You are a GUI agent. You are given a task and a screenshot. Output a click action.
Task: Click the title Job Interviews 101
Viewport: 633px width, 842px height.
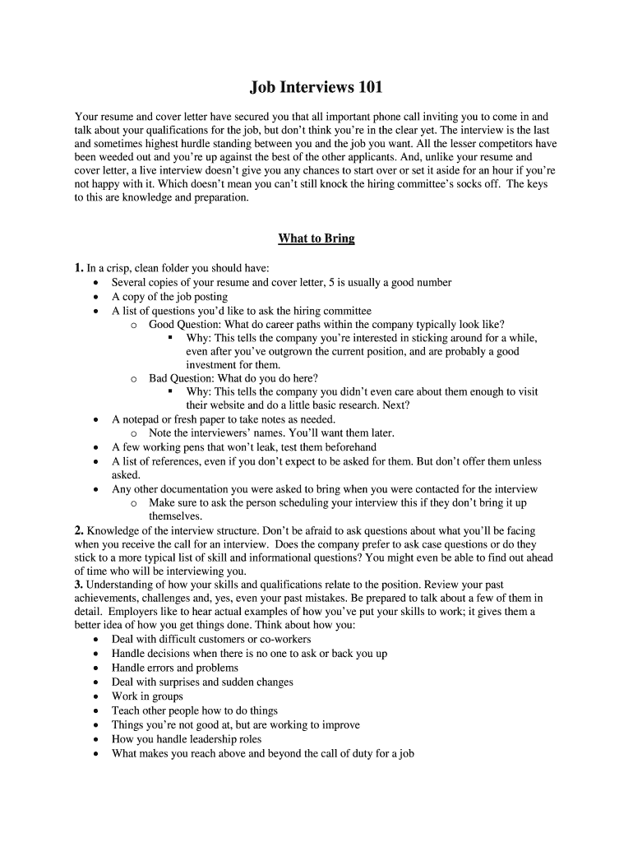(316, 87)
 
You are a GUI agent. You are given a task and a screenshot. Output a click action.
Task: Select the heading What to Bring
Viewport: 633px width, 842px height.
(316, 239)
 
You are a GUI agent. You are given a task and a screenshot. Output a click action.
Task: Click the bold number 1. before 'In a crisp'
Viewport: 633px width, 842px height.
(79, 268)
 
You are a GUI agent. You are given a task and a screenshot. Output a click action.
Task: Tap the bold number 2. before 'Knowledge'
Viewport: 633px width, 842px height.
(79, 530)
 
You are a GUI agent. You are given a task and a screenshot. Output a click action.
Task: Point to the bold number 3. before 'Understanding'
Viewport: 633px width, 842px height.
(79, 585)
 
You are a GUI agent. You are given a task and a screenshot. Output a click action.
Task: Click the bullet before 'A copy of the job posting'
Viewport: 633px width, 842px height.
(97, 297)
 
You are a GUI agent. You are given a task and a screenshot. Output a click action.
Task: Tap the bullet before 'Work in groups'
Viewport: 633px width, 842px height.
(97, 696)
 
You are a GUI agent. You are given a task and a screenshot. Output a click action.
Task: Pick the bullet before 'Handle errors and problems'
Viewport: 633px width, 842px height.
(97, 669)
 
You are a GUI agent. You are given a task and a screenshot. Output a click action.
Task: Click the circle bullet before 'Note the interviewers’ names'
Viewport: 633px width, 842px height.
(133, 433)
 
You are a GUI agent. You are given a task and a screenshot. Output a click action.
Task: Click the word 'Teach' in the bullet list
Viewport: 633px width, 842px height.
(126, 711)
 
